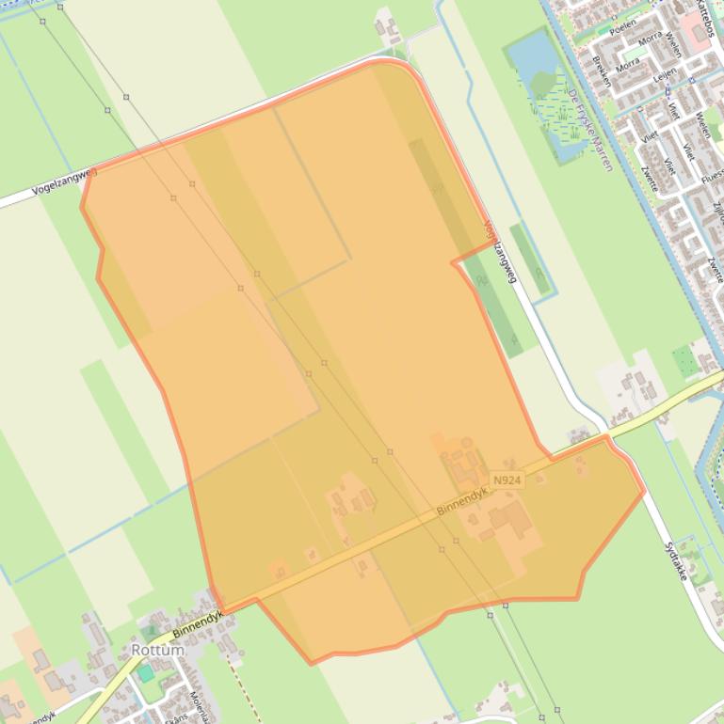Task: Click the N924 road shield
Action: click(x=507, y=480)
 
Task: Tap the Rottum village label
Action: click(x=157, y=650)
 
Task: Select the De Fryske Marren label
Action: click(x=590, y=130)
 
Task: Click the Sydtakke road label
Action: click(x=676, y=560)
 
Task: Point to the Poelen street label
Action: click(x=622, y=28)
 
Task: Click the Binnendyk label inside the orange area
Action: click(x=461, y=501)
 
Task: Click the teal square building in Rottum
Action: click(x=145, y=673)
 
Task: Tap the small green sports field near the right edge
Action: click(x=684, y=361)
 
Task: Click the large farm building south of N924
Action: click(x=509, y=519)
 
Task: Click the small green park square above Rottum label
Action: click(x=151, y=629)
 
